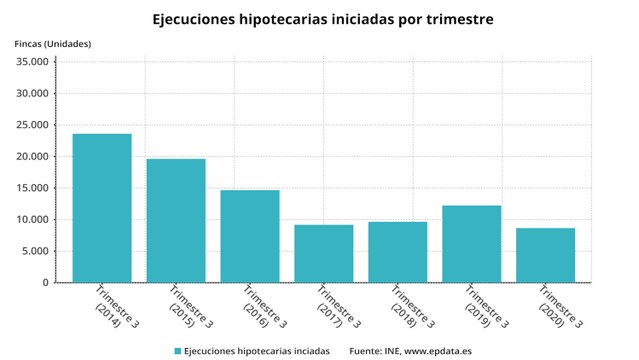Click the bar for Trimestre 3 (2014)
coord(102,208)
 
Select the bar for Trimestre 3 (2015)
coord(176,221)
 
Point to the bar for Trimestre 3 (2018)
coord(398,252)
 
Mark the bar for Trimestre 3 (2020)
coord(545,255)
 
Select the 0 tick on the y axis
coord(45,283)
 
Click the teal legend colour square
coord(178,351)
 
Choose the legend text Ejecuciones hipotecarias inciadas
coord(258,351)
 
